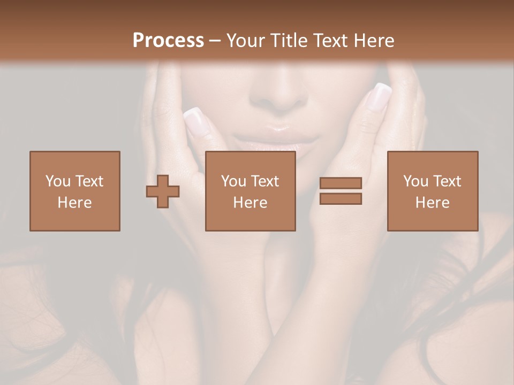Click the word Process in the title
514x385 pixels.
pos(168,40)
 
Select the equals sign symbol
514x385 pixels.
pos(341,191)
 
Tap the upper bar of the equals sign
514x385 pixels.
pos(341,183)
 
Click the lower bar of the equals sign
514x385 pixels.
pos(341,198)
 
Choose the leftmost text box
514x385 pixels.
pos(75,191)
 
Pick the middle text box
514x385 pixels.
pos(250,191)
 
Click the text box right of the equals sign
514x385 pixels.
pos(432,191)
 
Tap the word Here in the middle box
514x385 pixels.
pos(250,203)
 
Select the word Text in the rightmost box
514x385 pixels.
pos(447,181)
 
